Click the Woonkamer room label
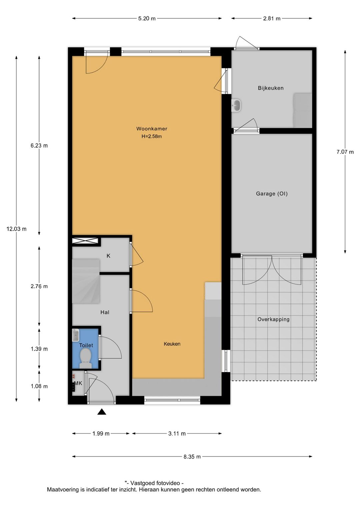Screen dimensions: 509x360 pyautogui.click(x=152, y=129)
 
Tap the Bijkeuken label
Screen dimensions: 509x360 pyautogui.click(x=271, y=88)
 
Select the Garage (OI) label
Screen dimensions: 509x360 pyautogui.click(x=272, y=193)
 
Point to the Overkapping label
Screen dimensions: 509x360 pyautogui.click(x=273, y=319)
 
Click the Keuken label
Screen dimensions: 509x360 pyautogui.click(x=172, y=344)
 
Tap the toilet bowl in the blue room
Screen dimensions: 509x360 pyautogui.click(x=86, y=357)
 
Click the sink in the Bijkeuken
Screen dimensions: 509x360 pyautogui.click(x=236, y=105)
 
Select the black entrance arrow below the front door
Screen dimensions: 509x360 pyautogui.click(x=102, y=412)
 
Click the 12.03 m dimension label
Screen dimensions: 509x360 pyautogui.click(x=16, y=229)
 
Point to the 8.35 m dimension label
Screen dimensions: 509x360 pyautogui.click(x=192, y=457)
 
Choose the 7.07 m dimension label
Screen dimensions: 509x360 pyautogui.click(x=345, y=152)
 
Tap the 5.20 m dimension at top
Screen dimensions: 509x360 pyautogui.click(x=147, y=18)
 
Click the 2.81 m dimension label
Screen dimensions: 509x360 pyautogui.click(x=272, y=18)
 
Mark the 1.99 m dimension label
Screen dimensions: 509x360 pyautogui.click(x=101, y=434)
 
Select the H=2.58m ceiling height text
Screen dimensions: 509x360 pyautogui.click(x=152, y=136)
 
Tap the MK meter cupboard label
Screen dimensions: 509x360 pyautogui.click(x=78, y=383)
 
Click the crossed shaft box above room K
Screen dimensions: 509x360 pyautogui.click(x=86, y=241)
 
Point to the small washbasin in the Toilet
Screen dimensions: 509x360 pyautogui.click(x=76, y=335)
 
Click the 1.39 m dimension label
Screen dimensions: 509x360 pyautogui.click(x=39, y=349)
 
